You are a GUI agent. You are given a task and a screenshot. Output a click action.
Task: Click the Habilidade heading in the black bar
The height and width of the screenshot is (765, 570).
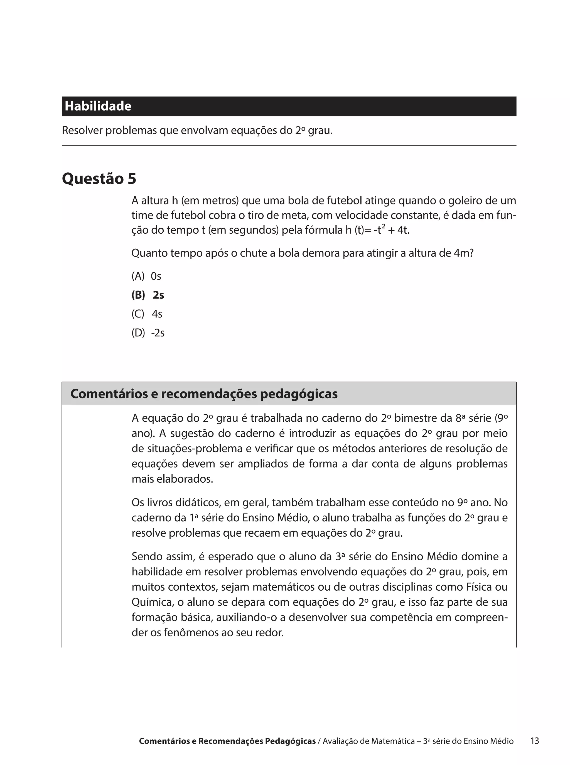98,106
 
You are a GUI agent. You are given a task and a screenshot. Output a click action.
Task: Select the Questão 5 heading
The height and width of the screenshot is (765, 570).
99,179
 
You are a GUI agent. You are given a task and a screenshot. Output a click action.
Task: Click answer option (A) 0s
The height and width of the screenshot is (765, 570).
146,276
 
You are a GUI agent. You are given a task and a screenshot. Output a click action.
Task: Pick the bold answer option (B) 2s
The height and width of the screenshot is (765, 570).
148,295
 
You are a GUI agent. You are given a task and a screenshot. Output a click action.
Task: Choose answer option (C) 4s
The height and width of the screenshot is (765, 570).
147,314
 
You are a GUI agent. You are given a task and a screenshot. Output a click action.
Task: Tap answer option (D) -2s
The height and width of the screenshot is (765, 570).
148,333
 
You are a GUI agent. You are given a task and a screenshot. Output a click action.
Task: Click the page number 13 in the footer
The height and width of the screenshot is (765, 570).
534,741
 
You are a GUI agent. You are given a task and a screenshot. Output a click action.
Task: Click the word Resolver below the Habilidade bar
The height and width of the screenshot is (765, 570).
82,131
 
